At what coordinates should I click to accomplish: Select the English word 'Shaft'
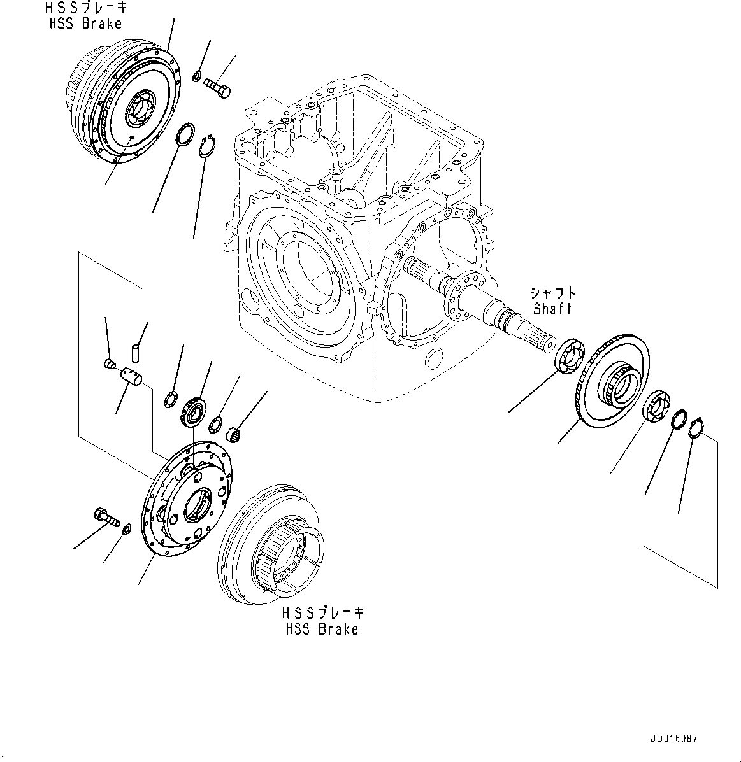552,309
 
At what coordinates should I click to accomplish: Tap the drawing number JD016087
674,739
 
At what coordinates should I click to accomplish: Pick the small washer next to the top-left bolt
197,77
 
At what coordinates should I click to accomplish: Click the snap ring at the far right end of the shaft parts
699,428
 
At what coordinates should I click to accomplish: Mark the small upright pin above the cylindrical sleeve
134,351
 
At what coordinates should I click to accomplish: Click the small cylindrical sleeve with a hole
133,376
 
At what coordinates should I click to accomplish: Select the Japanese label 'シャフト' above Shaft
552,293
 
